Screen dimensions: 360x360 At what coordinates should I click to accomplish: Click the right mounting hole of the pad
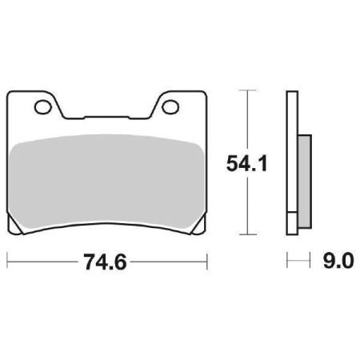coord(170,105)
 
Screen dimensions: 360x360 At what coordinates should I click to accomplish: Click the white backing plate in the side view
coord(292,163)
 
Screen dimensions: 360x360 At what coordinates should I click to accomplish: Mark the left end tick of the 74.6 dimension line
coord(8,262)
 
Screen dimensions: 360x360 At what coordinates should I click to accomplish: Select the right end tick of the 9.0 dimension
coord(309,262)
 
